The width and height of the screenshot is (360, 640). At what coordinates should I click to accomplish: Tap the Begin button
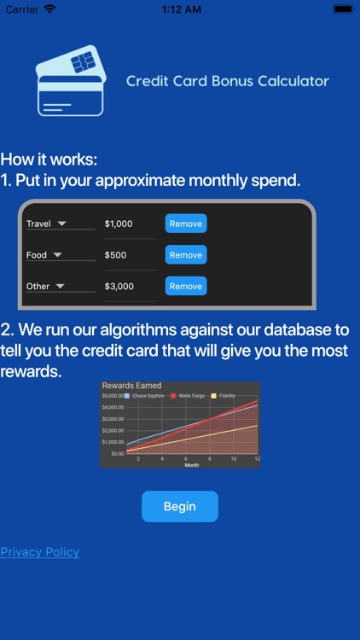179,506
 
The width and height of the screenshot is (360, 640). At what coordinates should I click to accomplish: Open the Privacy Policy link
40,552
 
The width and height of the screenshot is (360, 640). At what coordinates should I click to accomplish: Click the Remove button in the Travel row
185,224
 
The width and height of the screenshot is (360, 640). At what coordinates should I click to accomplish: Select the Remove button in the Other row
185,287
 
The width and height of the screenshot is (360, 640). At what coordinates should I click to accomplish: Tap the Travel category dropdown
60,224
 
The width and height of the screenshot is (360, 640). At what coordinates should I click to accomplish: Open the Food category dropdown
60,255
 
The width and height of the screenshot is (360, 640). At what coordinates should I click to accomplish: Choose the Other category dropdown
60,287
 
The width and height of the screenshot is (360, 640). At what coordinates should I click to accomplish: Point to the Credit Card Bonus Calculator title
227,82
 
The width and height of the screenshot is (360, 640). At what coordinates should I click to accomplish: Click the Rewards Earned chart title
131,386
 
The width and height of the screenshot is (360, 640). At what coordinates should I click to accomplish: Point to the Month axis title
192,465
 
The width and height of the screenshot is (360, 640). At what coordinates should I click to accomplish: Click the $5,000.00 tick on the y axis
113,396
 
